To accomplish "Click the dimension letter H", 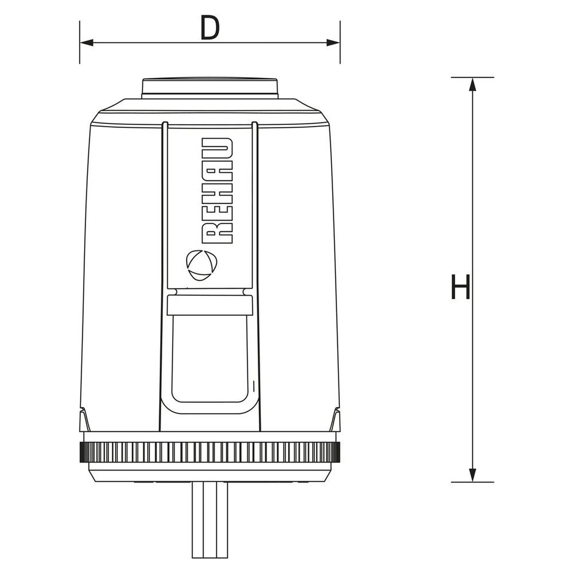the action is (460, 286).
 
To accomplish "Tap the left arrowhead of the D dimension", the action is (87, 43).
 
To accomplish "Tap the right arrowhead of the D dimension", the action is (333, 43).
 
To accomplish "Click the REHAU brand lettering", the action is (217, 191).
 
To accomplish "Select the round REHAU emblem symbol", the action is (201, 265).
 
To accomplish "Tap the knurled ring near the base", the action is (210, 452).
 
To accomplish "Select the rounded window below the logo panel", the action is (210, 359).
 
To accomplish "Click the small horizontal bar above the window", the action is (210, 305).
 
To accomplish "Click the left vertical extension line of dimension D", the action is (80, 42).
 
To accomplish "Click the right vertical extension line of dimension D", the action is (340, 42).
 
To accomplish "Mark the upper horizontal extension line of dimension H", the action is (473, 78).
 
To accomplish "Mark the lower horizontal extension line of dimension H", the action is (473, 482).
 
